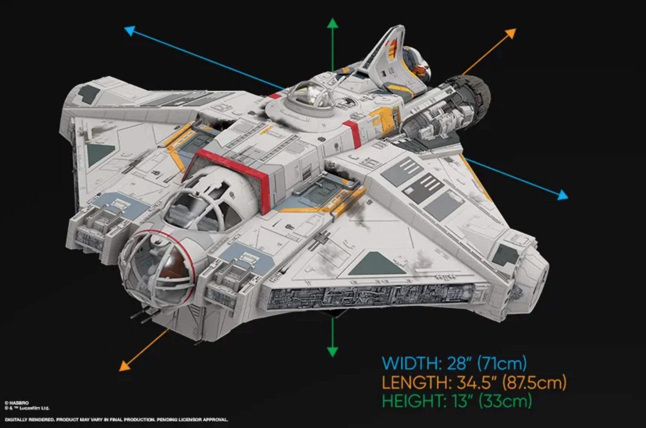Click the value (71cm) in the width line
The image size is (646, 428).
502,363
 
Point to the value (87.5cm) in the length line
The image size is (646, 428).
534,383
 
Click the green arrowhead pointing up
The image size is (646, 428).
332,23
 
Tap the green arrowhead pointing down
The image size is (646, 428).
332,352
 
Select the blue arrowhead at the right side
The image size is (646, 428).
563,194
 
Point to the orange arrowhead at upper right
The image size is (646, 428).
511,34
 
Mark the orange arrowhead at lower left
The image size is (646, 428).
125,366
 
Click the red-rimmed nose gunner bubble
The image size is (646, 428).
158,267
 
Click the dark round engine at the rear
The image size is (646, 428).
471,95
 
